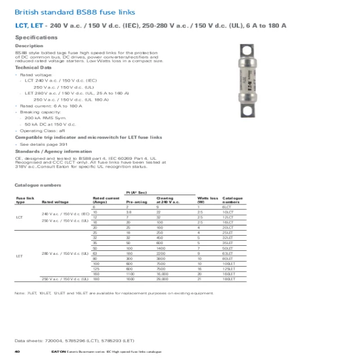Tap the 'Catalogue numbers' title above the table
coord(38,185)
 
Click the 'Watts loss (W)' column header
coord(207,200)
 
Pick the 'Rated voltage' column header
coord(55,201)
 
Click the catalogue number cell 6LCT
coord(227,207)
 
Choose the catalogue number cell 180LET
coord(229,279)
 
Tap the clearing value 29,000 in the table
coord(163,279)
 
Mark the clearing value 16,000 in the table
coord(163,274)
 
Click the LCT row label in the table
coord(20,217)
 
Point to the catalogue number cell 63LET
coord(228,254)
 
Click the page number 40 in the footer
coord(17,351)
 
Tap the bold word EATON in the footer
coord(58,351)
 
